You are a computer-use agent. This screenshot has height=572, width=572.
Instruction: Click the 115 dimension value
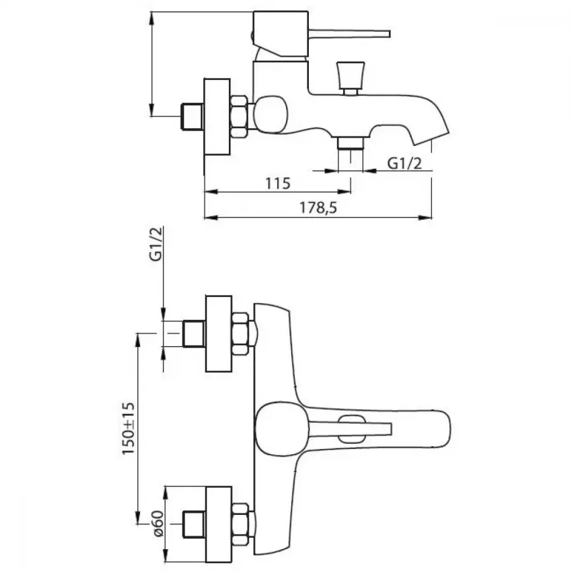click(x=277, y=183)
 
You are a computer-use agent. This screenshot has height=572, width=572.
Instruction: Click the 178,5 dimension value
click(x=318, y=208)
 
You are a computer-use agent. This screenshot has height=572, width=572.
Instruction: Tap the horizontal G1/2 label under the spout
click(x=404, y=163)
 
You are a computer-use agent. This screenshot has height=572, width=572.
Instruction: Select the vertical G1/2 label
click(x=156, y=244)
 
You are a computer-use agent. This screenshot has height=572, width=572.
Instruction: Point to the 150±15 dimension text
click(x=128, y=428)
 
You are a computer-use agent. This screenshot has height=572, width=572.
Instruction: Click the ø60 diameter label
click(x=159, y=523)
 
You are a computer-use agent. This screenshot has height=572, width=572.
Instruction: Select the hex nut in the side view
click(x=239, y=117)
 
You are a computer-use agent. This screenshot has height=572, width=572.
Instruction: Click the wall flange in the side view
click(x=217, y=117)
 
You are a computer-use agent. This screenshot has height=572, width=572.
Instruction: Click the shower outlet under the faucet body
click(x=351, y=143)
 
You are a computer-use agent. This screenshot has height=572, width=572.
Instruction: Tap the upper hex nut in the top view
click(x=240, y=334)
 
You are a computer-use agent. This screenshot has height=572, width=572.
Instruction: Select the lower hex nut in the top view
click(x=240, y=524)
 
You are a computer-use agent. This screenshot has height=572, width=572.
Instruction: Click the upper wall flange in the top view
click(x=219, y=334)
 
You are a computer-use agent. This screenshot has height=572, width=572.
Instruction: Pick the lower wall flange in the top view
click(x=219, y=524)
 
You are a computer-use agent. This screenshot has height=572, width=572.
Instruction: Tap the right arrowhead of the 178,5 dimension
click(x=425, y=218)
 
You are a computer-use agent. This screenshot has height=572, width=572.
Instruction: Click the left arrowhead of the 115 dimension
click(x=211, y=192)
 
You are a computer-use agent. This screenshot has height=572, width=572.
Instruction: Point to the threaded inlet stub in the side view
click(x=192, y=117)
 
